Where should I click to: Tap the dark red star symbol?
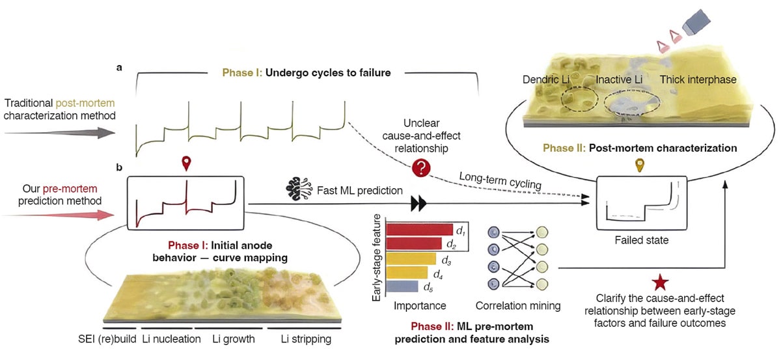pyautogui.click(x=660, y=283)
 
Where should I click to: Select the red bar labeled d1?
pyautogui.click(x=419, y=229)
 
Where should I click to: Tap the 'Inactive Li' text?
pyautogui.click(x=623, y=79)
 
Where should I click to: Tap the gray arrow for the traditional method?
pyautogui.click(x=59, y=133)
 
